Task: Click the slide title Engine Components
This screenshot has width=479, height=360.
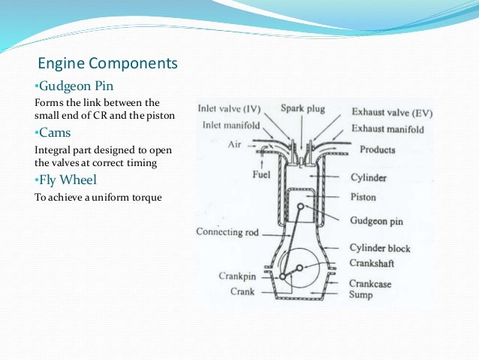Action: pos(107,63)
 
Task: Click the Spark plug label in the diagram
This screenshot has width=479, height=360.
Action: pos(303,109)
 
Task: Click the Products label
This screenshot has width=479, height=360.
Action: pos(378,150)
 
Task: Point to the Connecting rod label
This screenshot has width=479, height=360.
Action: pos(227,232)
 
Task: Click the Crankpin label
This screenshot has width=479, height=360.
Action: pos(237,276)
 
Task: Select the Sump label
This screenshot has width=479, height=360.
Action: pos(361,296)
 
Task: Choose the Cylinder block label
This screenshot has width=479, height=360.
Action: pos(380,248)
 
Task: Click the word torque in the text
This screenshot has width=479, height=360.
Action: pos(146,198)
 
